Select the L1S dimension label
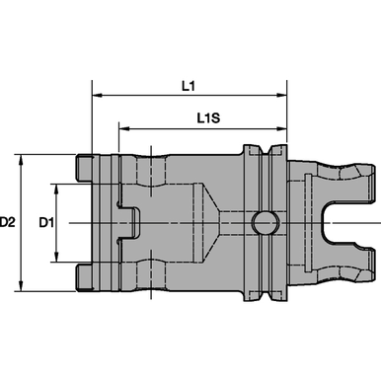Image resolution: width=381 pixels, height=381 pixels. point(208,117)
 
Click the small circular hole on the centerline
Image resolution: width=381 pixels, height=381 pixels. point(264,223)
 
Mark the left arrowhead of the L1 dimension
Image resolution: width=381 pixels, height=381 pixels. point(97,97)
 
